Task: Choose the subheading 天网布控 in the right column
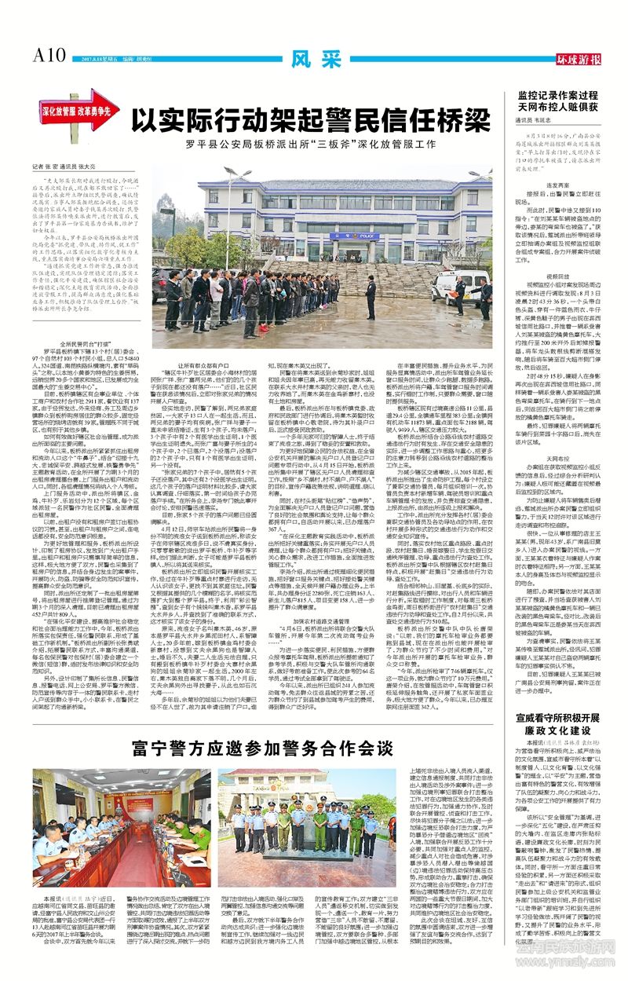tap(553, 478)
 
